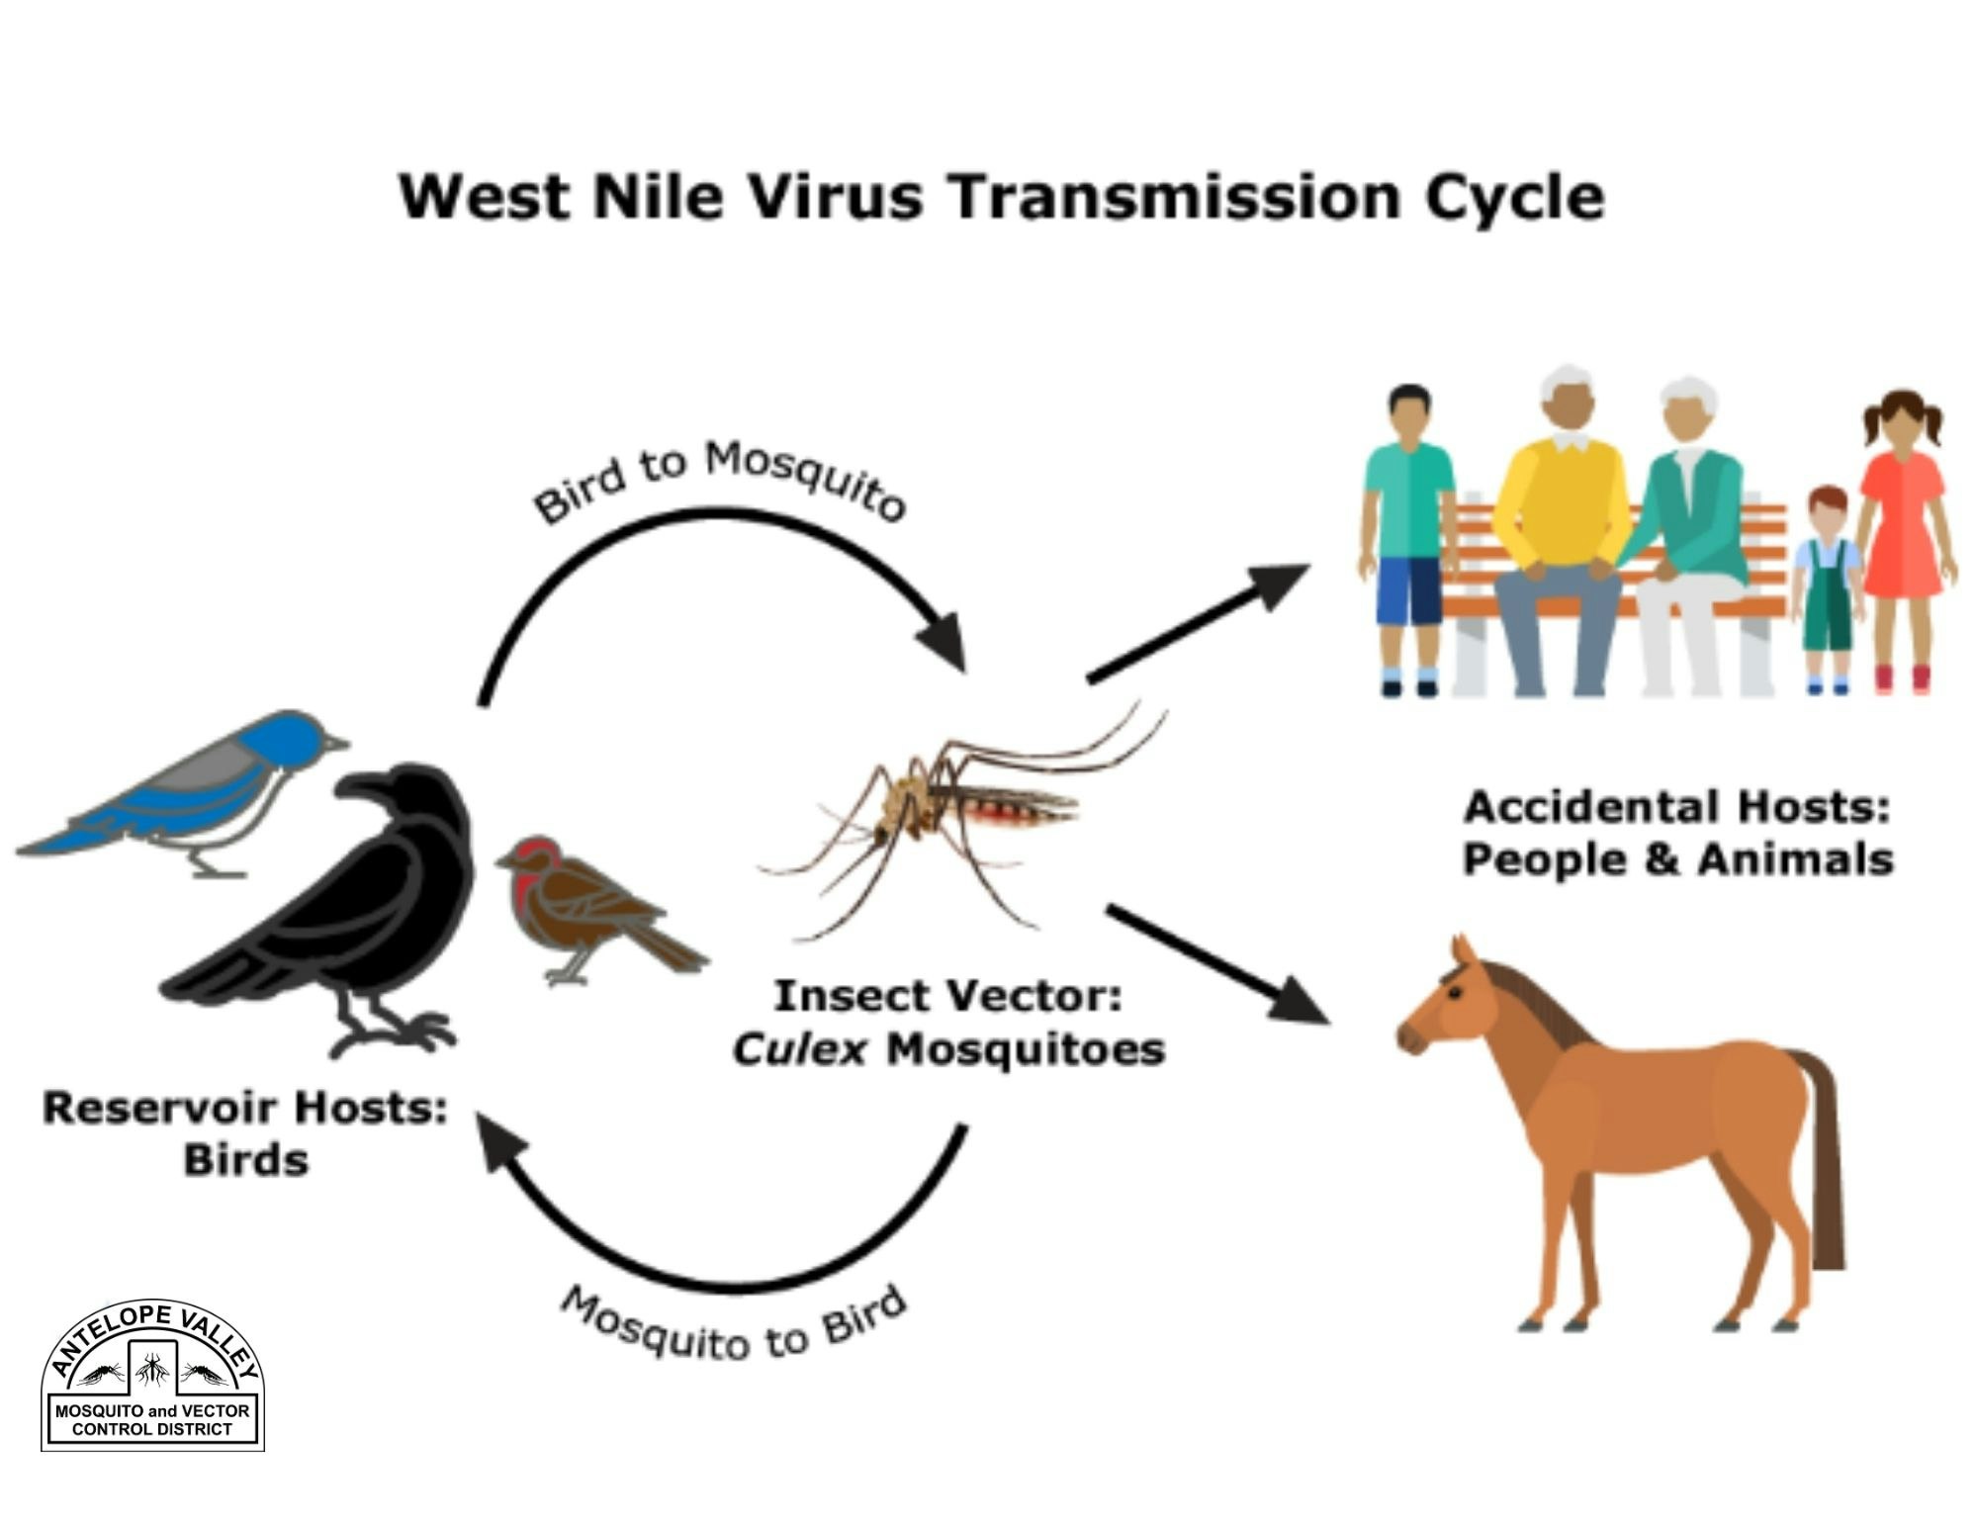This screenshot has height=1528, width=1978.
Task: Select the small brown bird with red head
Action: click(584, 905)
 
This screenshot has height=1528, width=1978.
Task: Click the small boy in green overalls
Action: click(1828, 593)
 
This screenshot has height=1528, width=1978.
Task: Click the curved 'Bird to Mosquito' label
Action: click(719, 480)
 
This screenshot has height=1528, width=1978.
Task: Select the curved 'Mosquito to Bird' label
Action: click(733, 1325)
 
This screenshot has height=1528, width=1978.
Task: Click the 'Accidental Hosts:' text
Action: click(1676, 807)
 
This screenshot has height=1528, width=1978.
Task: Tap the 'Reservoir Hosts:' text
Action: click(245, 1108)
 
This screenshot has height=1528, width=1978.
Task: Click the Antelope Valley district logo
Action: click(152, 1377)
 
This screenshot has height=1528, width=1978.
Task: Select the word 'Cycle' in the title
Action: click(1513, 199)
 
